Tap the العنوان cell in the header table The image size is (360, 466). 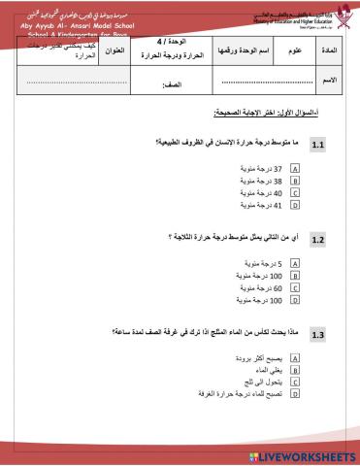coord(111,50)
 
